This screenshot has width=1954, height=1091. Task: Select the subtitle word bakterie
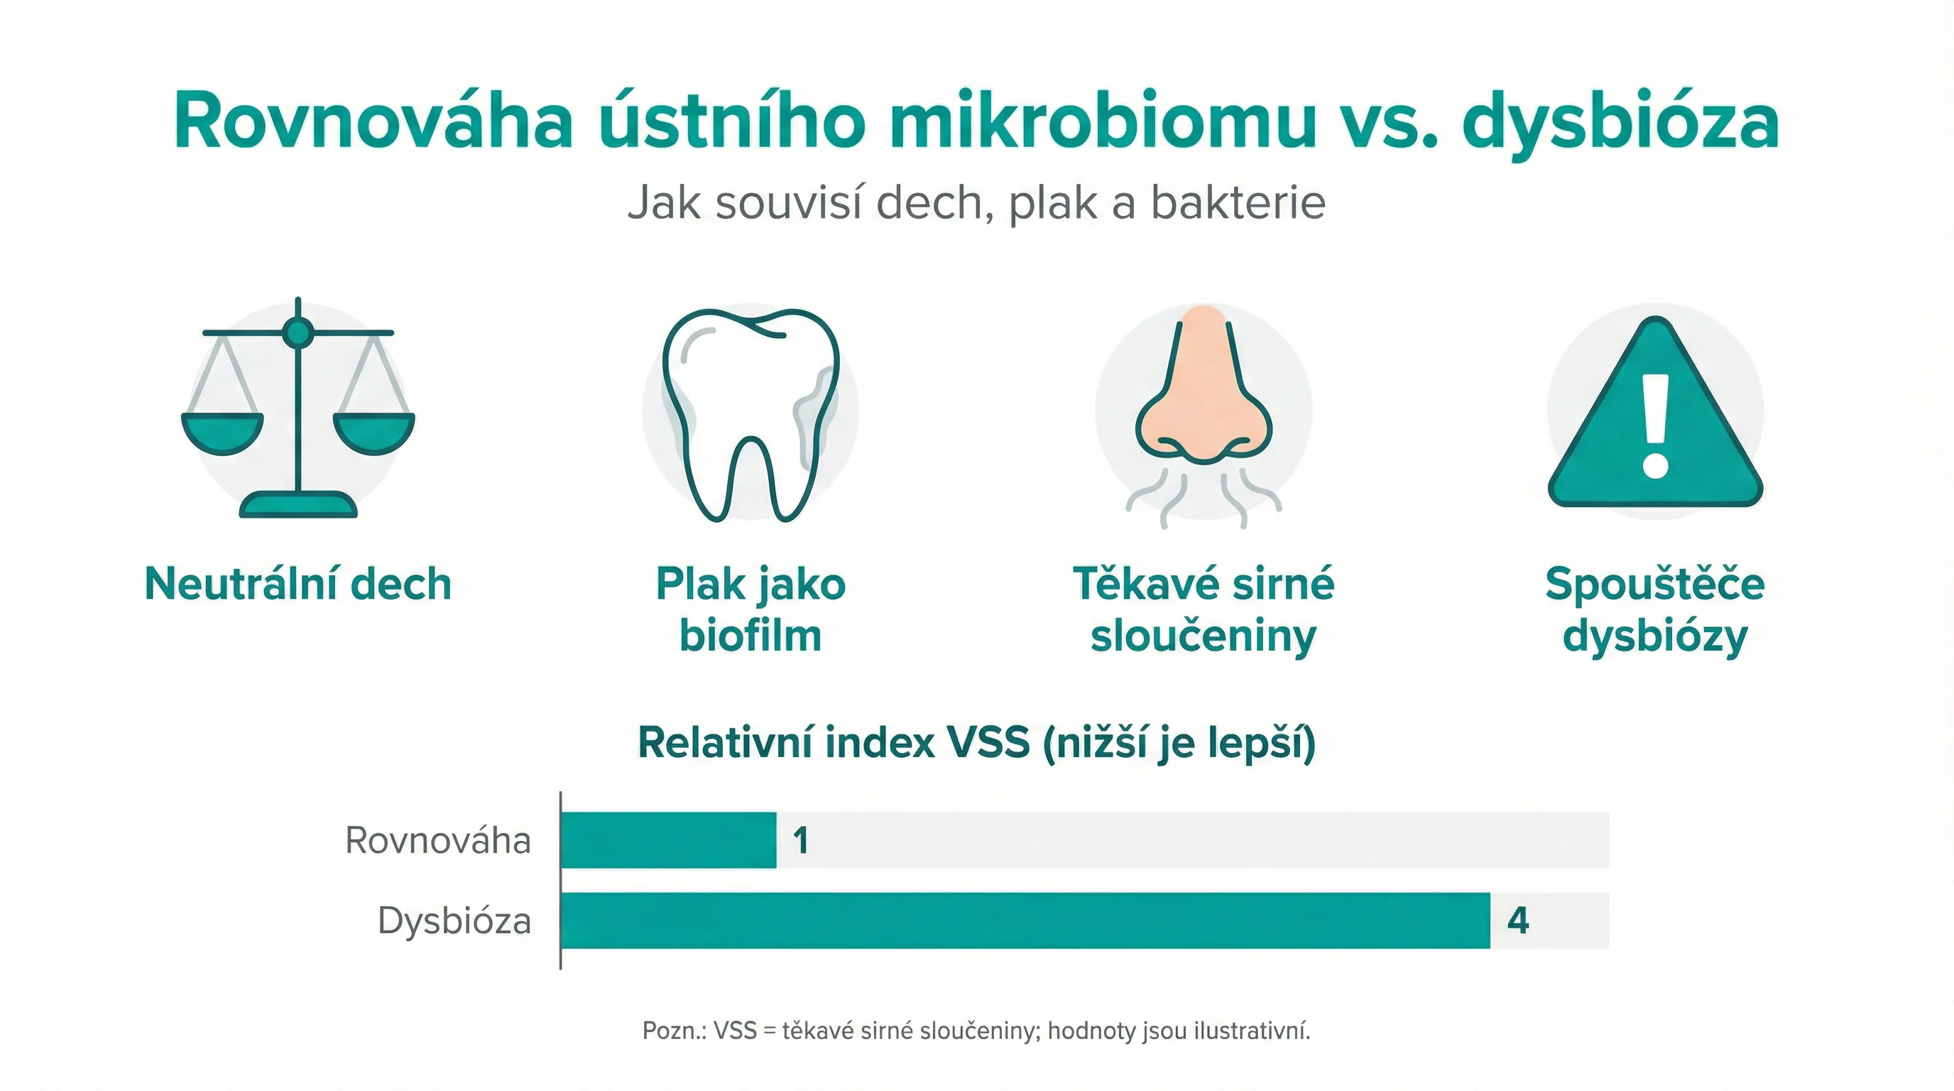[x=1238, y=203]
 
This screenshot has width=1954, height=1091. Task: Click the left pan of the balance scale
[x=222, y=434]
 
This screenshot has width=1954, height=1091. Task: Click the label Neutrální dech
[x=298, y=584]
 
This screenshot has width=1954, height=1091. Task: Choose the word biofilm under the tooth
[x=751, y=636]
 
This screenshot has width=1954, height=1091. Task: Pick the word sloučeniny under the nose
[x=1203, y=636]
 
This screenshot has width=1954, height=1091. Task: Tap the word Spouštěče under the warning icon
[x=1655, y=584]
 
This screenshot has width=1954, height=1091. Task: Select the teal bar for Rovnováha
[x=668, y=840]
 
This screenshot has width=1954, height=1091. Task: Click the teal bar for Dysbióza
[x=1025, y=921]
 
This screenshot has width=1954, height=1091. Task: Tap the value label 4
[x=1518, y=921]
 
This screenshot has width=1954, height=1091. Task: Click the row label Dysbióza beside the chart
[x=454, y=921]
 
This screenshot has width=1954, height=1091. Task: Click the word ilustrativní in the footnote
[x=1252, y=1031]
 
